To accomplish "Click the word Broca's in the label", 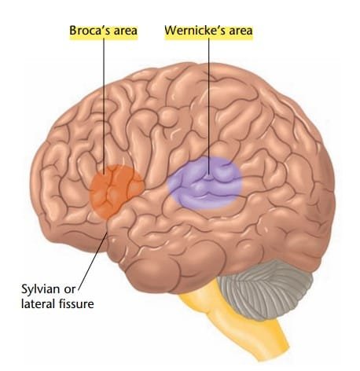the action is click(87, 31).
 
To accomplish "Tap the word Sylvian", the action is click(40, 289).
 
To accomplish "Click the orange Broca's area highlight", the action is click(116, 191).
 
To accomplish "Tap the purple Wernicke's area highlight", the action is click(205, 183).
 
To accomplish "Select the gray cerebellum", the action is click(265, 289).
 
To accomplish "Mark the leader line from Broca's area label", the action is click(104, 106).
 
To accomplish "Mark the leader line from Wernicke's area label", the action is click(209, 106).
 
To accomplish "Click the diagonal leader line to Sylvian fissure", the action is click(93, 259).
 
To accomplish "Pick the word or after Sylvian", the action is click(69, 290).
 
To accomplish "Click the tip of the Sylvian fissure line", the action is click(108, 233).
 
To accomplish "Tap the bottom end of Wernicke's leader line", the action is click(209, 174).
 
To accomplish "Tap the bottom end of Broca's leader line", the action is click(104, 174).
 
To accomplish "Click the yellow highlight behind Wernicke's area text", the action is click(209, 31).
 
